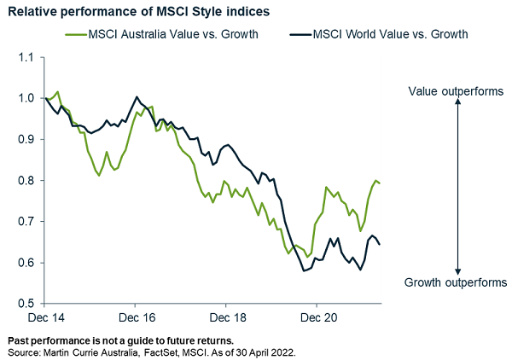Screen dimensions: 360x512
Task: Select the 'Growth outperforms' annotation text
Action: tap(457, 282)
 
